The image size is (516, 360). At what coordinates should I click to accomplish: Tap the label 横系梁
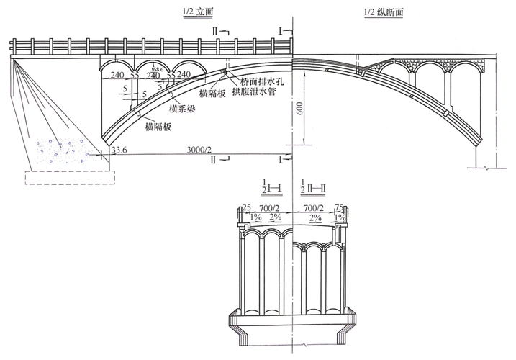tap(183, 109)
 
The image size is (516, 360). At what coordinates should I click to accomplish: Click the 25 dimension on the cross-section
tap(247, 207)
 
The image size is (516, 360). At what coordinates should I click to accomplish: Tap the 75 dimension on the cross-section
tap(339, 207)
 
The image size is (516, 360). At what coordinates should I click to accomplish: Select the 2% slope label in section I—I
tap(276, 217)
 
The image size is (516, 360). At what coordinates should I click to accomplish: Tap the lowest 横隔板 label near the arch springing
tap(158, 126)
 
